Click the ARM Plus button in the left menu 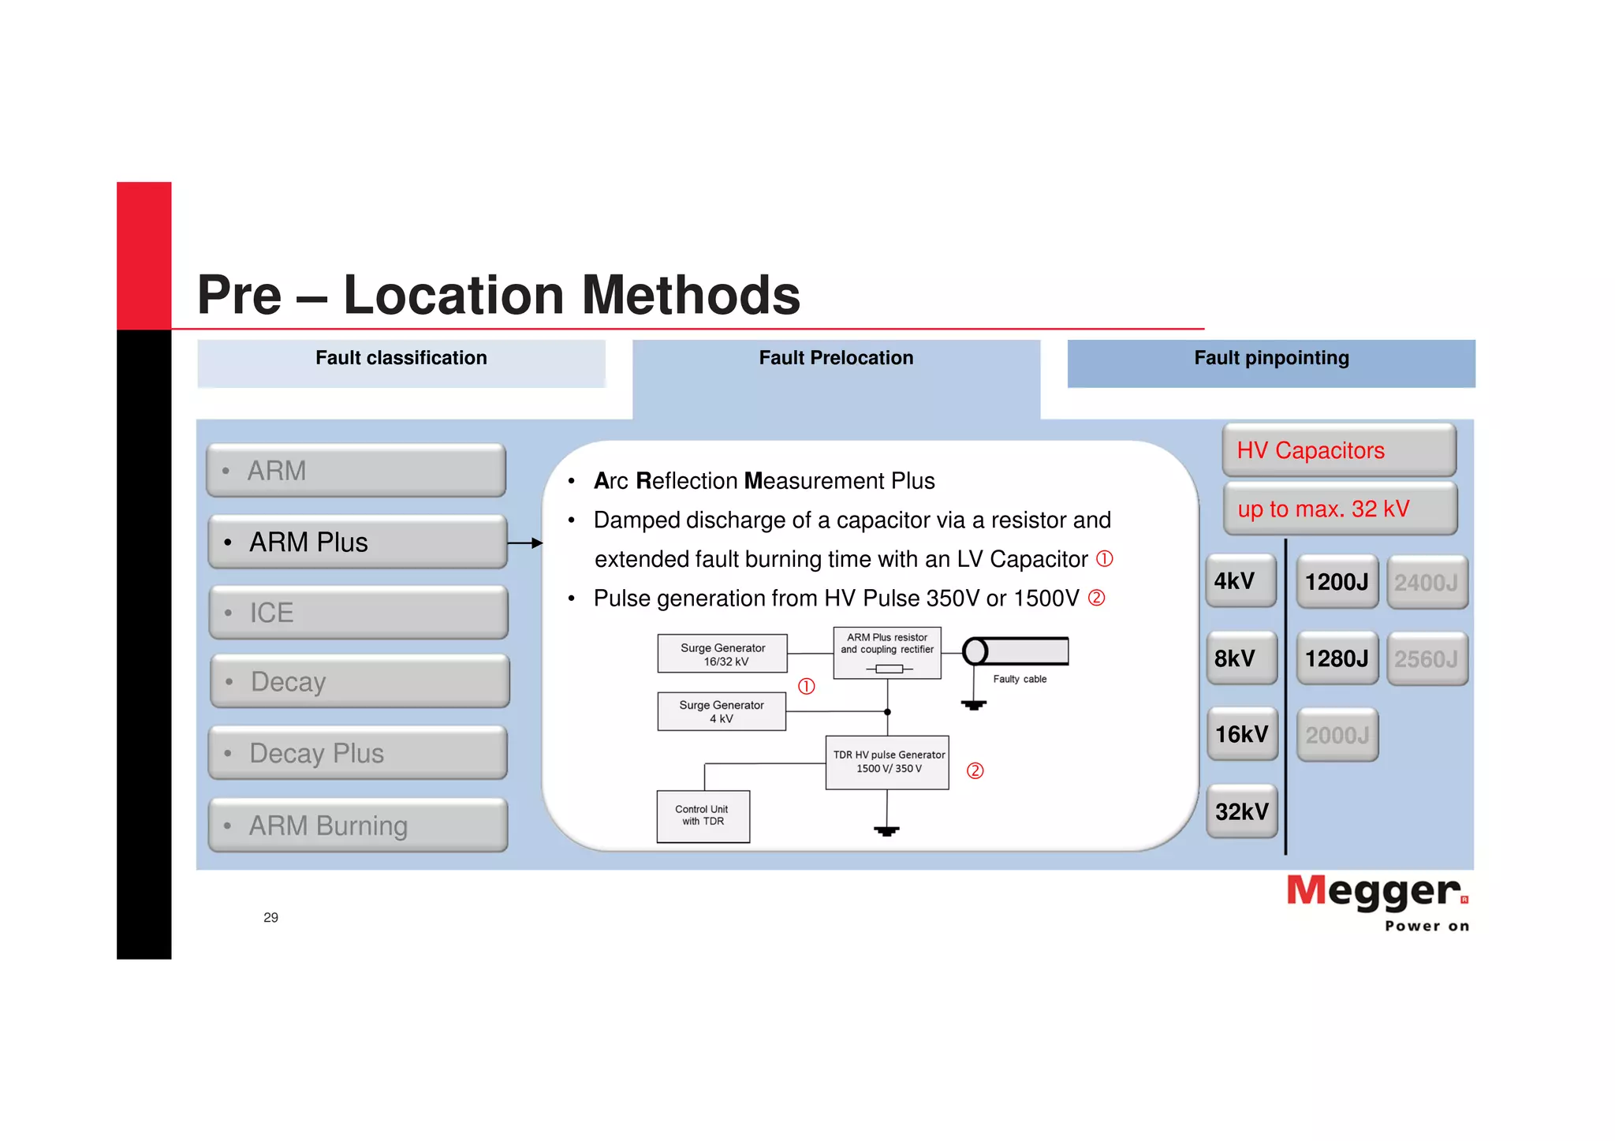(357, 543)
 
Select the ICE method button (359, 613)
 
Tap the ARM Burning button (358, 826)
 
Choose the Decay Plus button (358, 753)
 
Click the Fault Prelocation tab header (836, 359)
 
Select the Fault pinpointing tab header (1271, 359)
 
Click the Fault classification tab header (401, 359)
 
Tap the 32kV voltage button (1241, 811)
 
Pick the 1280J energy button (1337, 658)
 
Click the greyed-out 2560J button (1427, 659)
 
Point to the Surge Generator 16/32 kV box (722, 654)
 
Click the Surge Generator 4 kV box (722, 711)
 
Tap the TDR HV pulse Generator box (887, 762)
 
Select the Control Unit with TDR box (703, 816)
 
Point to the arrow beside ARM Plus (525, 543)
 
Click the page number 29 (270, 917)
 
